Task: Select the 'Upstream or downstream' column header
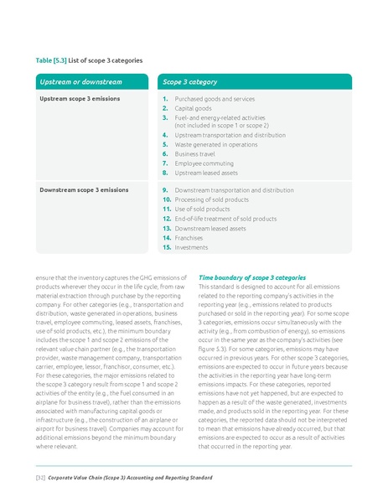tap(80, 82)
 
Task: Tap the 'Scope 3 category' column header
tap(190, 82)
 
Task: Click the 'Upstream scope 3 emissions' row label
tap(80, 99)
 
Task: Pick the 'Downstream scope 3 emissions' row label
tap(84, 190)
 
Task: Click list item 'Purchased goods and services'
tap(215, 99)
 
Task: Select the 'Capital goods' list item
tap(194, 108)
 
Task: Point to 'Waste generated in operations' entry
tap(215, 144)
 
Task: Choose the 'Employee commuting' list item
tap(204, 163)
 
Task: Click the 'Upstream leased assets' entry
tap(206, 173)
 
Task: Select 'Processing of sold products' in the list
tap(215, 200)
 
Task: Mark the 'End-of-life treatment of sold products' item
tap(226, 219)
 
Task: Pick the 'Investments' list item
tap(193, 247)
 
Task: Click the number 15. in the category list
tap(167, 247)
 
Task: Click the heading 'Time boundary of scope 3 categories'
tap(251, 277)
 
